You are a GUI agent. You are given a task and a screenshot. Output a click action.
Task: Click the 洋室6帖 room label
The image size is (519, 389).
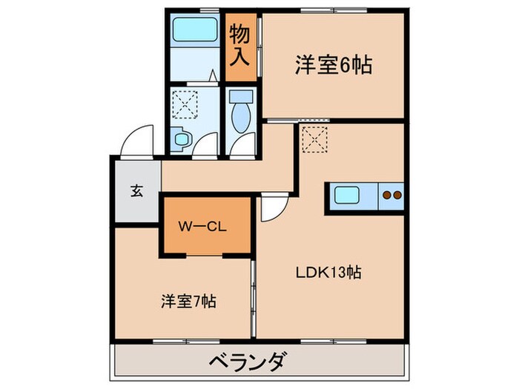[x=333, y=64]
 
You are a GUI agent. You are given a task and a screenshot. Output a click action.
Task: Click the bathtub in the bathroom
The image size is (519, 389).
[x=192, y=33]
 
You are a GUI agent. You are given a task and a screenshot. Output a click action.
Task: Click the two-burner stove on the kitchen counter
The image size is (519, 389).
[x=391, y=196]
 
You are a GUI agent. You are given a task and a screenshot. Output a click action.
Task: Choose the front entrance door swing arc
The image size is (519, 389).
[x=137, y=141]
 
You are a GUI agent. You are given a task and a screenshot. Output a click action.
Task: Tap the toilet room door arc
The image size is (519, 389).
[x=242, y=144]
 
